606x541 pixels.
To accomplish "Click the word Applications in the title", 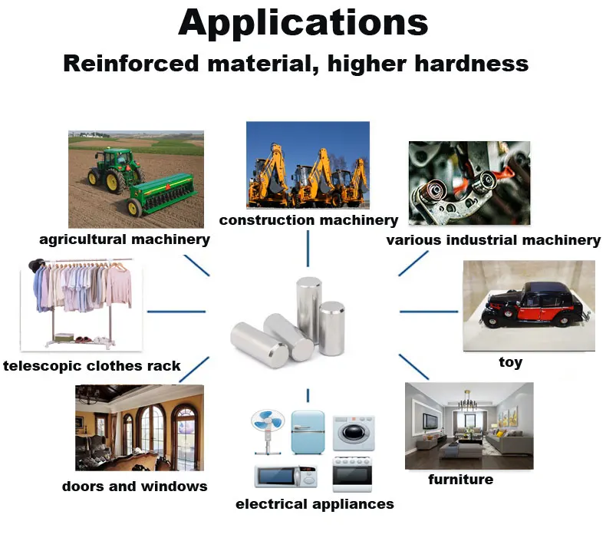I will pyautogui.click(x=303, y=22).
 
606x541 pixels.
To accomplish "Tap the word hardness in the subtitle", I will pyautogui.click(x=474, y=63).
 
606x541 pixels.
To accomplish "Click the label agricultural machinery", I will pyautogui.click(x=124, y=239).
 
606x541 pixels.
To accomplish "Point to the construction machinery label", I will pyautogui.click(x=308, y=220).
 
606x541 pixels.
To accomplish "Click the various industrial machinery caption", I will pyautogui.click(x=493, y=240).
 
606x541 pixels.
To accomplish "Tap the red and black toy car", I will pyautogui.click(x=529, y=303).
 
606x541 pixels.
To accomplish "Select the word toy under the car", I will pyautogui.click(x=510, y=361).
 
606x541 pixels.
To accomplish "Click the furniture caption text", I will pyautogui.click(x=460, y=480).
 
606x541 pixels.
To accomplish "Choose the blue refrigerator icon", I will pyautogui.click(x=308, y=431).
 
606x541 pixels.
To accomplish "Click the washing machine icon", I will pyautogui.click(x=353, y=432).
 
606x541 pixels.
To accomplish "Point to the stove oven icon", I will pyautogui.click(x=352, y=474).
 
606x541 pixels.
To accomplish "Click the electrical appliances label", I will pyautogui.click(x=315, y=504).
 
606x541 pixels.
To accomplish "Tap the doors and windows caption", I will pyautogui.click(x=134, y=486).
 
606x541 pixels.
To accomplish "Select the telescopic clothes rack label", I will pyautogui.click(x=92, y=365).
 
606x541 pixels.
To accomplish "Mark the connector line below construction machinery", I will pyautogui.click(x=308, y=248).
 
